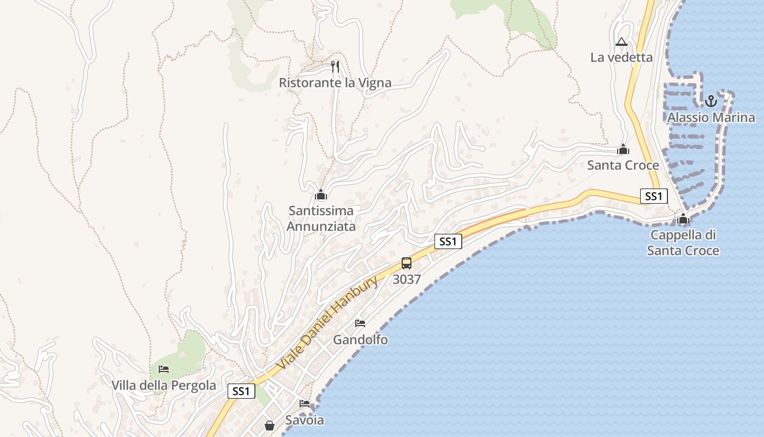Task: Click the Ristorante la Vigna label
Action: (335, 83)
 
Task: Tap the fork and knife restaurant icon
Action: (335, 67)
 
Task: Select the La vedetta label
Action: (621, 57)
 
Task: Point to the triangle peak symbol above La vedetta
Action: (621, 42)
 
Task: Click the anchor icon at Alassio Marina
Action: (710, 101)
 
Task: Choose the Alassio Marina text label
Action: (711, 117)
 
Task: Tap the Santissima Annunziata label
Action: (321, 218)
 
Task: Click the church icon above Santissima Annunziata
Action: (321, 194)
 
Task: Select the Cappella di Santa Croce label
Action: (683, 243)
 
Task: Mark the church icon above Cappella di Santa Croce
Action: (683, 220)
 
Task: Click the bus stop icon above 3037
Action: (407, 263)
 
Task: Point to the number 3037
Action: (407, 280)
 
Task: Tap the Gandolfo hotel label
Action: (360, 340)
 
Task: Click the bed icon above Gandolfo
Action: (360, 323)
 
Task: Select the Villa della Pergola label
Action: (164, 385)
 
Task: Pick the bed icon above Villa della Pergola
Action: (164, 369)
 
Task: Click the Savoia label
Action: (305, 420)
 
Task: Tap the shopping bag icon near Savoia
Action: (270, 425)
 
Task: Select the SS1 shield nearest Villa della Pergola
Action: (241, 391)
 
